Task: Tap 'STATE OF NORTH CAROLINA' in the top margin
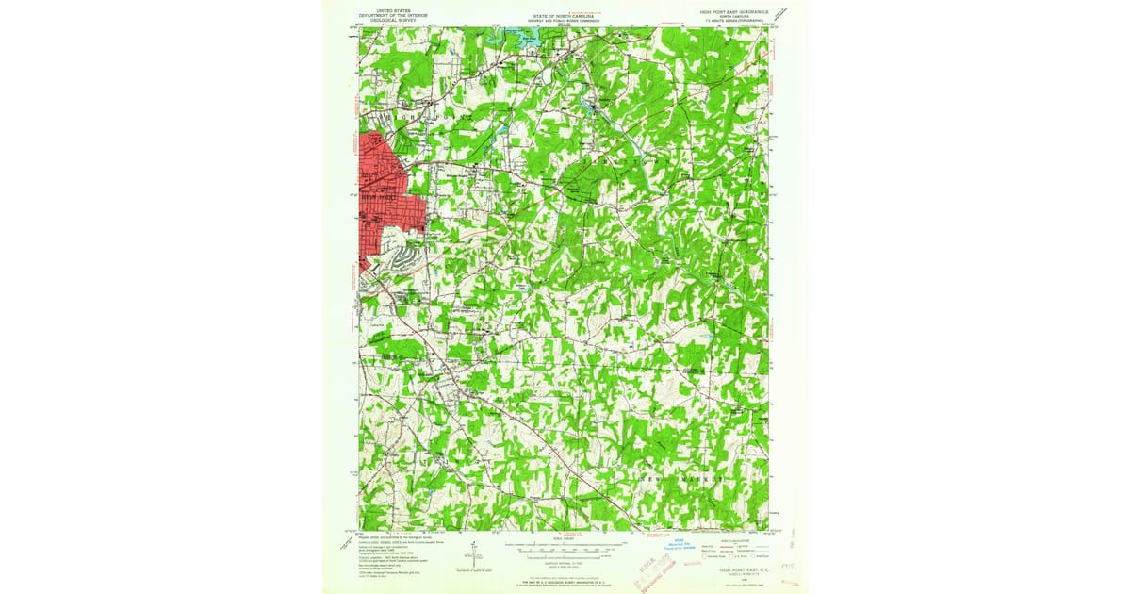(564, 16)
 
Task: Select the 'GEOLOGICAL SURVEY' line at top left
(390, 22)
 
